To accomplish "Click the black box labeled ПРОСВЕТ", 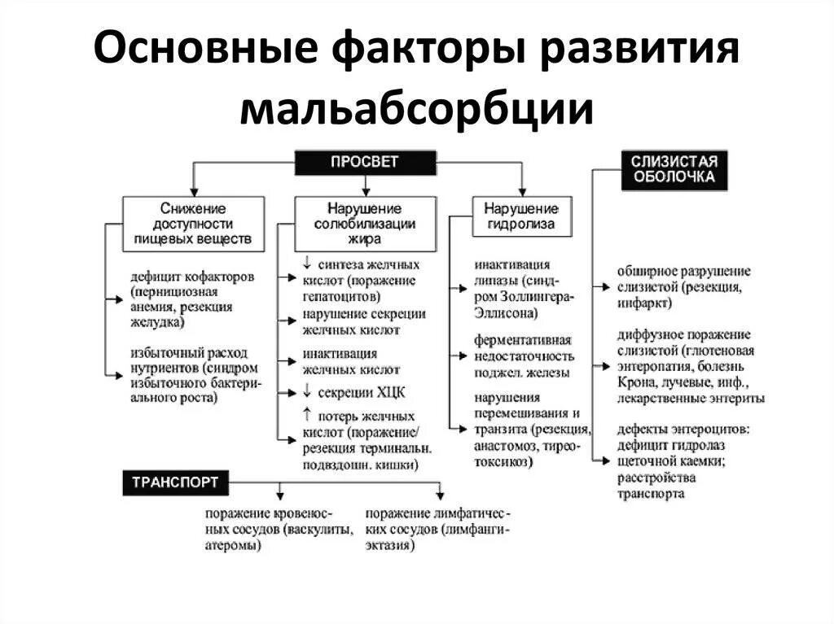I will (364, 162).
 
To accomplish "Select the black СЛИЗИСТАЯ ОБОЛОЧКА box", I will (674, 169).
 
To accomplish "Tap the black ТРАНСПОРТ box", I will (175, 482).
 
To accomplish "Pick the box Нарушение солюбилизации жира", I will (365, 221).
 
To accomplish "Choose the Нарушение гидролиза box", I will (521, 216).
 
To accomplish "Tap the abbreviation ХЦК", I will (391, 392).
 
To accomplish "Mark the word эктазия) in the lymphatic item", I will (390, 545).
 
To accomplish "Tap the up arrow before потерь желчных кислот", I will (307, 413).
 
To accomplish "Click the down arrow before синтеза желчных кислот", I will (307, 263).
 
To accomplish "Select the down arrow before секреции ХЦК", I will (307, 391).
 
